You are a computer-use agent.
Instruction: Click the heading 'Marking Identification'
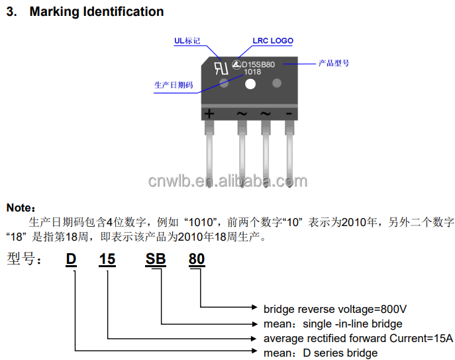point(96,12)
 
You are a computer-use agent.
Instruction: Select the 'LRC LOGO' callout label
point(273,40)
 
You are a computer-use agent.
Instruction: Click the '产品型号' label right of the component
point(333,64)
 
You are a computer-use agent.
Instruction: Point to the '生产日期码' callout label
point(173,86)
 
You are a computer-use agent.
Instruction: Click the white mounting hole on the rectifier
point(250,84)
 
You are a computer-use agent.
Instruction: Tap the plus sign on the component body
point(210,113)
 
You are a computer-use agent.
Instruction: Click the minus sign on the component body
point(289,113)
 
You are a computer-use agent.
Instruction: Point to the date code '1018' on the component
point(252,72)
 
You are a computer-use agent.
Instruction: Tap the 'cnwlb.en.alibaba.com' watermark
point(238,180)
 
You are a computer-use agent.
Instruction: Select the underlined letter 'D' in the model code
point(71,259)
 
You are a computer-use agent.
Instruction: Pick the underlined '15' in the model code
point(107,259)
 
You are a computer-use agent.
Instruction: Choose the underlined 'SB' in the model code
point(156,259)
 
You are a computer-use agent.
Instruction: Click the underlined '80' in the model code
point(197,259)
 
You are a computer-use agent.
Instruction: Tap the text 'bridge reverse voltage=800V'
point(334,309)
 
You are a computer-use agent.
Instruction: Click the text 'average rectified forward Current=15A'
point(358,338)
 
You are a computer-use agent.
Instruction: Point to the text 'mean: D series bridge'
point(321,353)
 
